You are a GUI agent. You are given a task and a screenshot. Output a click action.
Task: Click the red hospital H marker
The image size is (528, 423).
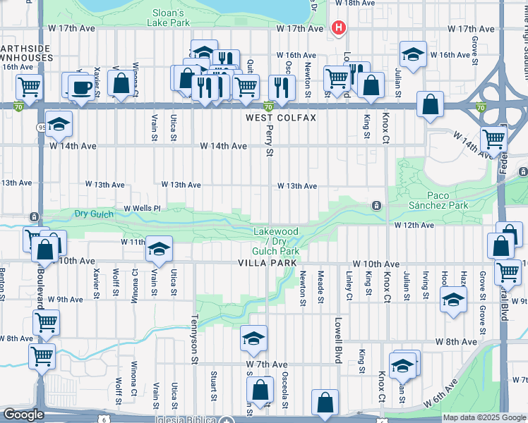pyautogui.click(x=339, y=28)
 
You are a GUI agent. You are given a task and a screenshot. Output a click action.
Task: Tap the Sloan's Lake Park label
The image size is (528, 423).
pyautogui.click(x=169, y=18)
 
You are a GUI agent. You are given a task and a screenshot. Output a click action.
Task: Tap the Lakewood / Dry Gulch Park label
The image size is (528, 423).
pyautogui.click(x=276, y=241)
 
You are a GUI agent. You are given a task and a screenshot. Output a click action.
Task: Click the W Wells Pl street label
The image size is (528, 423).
pyautogui.click(x=143, y=209)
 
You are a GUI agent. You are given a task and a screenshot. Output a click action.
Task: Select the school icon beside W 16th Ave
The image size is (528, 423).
pyautogui.click(x=413, y=55)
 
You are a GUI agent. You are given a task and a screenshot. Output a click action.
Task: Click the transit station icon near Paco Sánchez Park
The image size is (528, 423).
pyautogui.click(x=377, y=206)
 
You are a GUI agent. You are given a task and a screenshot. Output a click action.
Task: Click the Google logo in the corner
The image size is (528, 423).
pyautogui.click(x=23, y=415)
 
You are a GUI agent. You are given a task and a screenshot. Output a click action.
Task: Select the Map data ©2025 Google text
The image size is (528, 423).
pyautogui.click(x=484, y=417)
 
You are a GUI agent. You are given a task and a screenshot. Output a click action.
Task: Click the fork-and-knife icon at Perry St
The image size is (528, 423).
pyautogui.click(x=281, y=88)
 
